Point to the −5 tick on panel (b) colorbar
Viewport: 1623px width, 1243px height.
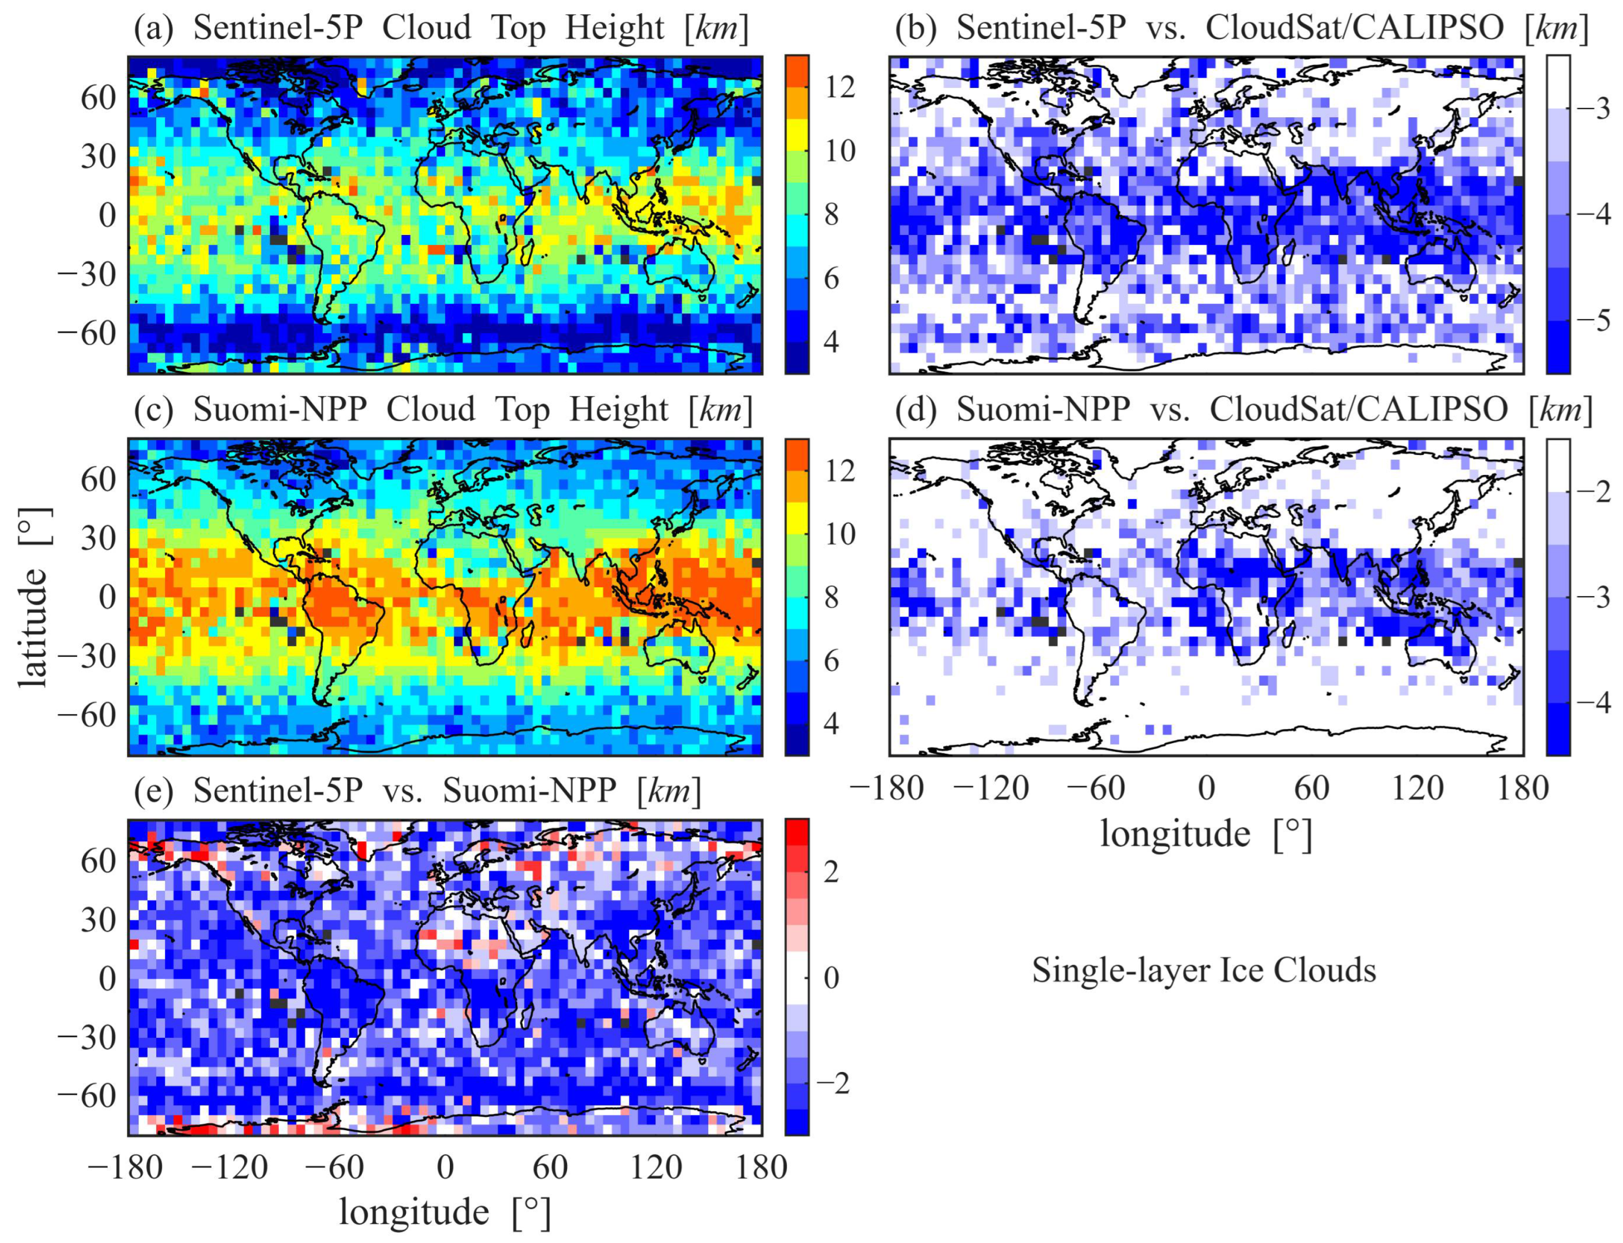pos(1592,320)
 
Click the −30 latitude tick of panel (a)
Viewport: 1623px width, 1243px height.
pos(87,275)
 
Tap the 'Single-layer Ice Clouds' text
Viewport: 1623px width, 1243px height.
pos(1204,970)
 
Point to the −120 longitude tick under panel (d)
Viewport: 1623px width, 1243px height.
pos(990,789)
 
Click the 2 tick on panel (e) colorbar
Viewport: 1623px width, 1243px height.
pos(831,872)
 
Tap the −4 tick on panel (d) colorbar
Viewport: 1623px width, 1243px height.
pos(1592,702)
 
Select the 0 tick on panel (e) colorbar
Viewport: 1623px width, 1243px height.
pos(831,978)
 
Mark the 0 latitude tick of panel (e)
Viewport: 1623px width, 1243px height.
pos(108,978)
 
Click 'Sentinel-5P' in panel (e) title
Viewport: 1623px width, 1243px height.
pos(278,791)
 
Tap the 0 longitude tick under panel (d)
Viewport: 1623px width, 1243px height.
pos(1206,789)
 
